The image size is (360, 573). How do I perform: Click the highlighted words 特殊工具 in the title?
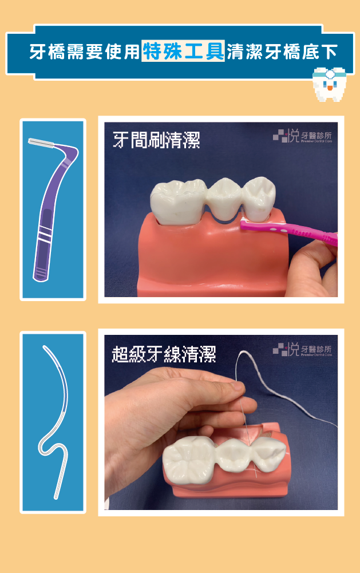coord(183,51)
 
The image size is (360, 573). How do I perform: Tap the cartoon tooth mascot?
coord(329,84)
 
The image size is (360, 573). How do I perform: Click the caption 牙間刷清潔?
coord(156,140)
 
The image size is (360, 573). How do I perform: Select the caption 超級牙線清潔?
coord(164,354)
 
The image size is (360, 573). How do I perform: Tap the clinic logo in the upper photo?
coord(302,136)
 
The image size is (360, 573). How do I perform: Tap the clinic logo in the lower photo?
coord(302,349)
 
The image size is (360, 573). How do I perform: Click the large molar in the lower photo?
coord(189,459)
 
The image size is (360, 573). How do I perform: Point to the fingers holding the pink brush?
coord(312,268)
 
